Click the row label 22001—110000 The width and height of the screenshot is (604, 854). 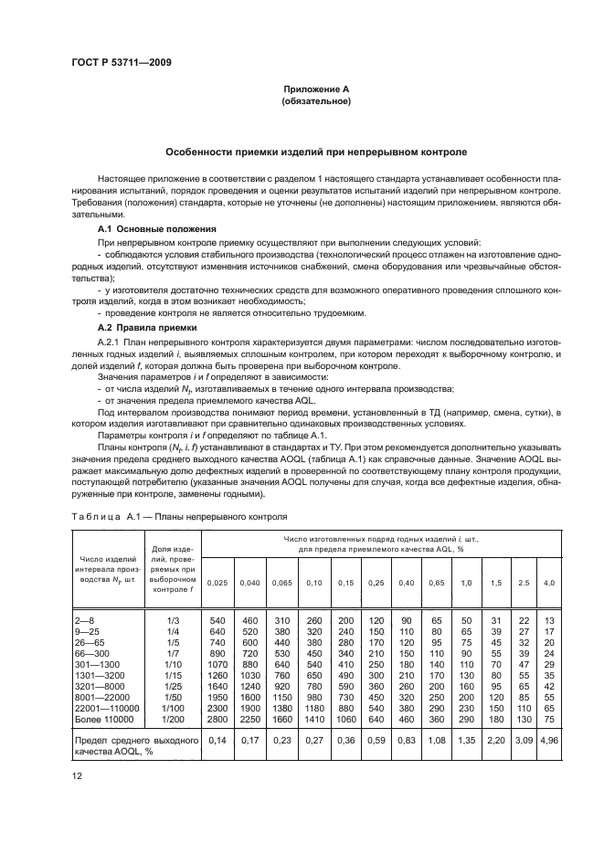(103, 708)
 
